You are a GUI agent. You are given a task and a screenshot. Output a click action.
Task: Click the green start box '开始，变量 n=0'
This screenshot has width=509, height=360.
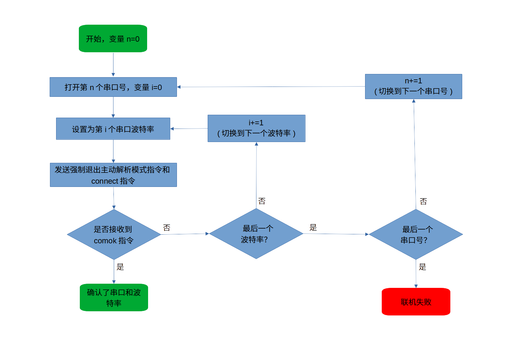tap(113, 38)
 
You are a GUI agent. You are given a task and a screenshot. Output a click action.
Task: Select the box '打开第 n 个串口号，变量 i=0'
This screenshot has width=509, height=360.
tap(113, 87)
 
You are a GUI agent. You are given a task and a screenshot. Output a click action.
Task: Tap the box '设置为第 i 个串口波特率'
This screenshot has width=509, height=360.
tap(113, 129)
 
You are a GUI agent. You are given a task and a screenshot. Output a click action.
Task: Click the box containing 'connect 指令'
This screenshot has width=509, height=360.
tap(113, 175)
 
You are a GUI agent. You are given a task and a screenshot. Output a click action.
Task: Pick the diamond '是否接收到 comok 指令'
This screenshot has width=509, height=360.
tap(114, 235)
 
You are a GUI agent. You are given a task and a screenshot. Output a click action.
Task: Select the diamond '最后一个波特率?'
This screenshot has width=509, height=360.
tap(256, 234)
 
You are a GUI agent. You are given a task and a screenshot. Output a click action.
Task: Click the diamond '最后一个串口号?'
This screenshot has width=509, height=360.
tap(416, 234)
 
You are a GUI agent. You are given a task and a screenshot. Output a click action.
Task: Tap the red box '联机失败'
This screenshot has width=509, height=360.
tap(416, 302)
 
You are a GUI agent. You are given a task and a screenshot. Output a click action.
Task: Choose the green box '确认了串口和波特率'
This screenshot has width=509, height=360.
tap(114, 297)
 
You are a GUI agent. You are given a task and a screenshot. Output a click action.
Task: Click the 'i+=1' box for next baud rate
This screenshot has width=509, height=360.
tap(256, 128)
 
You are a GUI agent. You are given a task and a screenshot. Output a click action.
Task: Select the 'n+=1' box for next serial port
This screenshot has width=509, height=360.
tap(413, 87)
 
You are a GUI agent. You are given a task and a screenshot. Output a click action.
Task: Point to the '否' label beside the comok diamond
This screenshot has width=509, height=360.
tap(167, 228)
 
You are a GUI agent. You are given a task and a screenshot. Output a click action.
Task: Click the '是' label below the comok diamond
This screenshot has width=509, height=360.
tap(120, 267)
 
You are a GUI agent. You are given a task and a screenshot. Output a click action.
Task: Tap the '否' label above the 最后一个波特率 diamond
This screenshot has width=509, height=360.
tap(262, 201)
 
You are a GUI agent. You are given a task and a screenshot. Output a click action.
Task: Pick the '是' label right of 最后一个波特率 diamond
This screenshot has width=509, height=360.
tap(313, 227)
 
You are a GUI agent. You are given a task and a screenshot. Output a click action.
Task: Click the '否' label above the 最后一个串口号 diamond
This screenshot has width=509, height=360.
tap(423, 201)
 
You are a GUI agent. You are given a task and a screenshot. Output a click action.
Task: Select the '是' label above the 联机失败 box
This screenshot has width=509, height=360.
tap(422, 267)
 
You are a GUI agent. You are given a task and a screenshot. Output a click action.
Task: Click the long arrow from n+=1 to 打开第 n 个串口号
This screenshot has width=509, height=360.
tap(271, 87)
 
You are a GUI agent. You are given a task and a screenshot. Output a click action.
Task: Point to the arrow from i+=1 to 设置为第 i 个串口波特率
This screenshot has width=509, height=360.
tap(189, 129)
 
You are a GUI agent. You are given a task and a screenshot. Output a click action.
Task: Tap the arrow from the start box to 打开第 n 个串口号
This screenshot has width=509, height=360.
tap(113, 64)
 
